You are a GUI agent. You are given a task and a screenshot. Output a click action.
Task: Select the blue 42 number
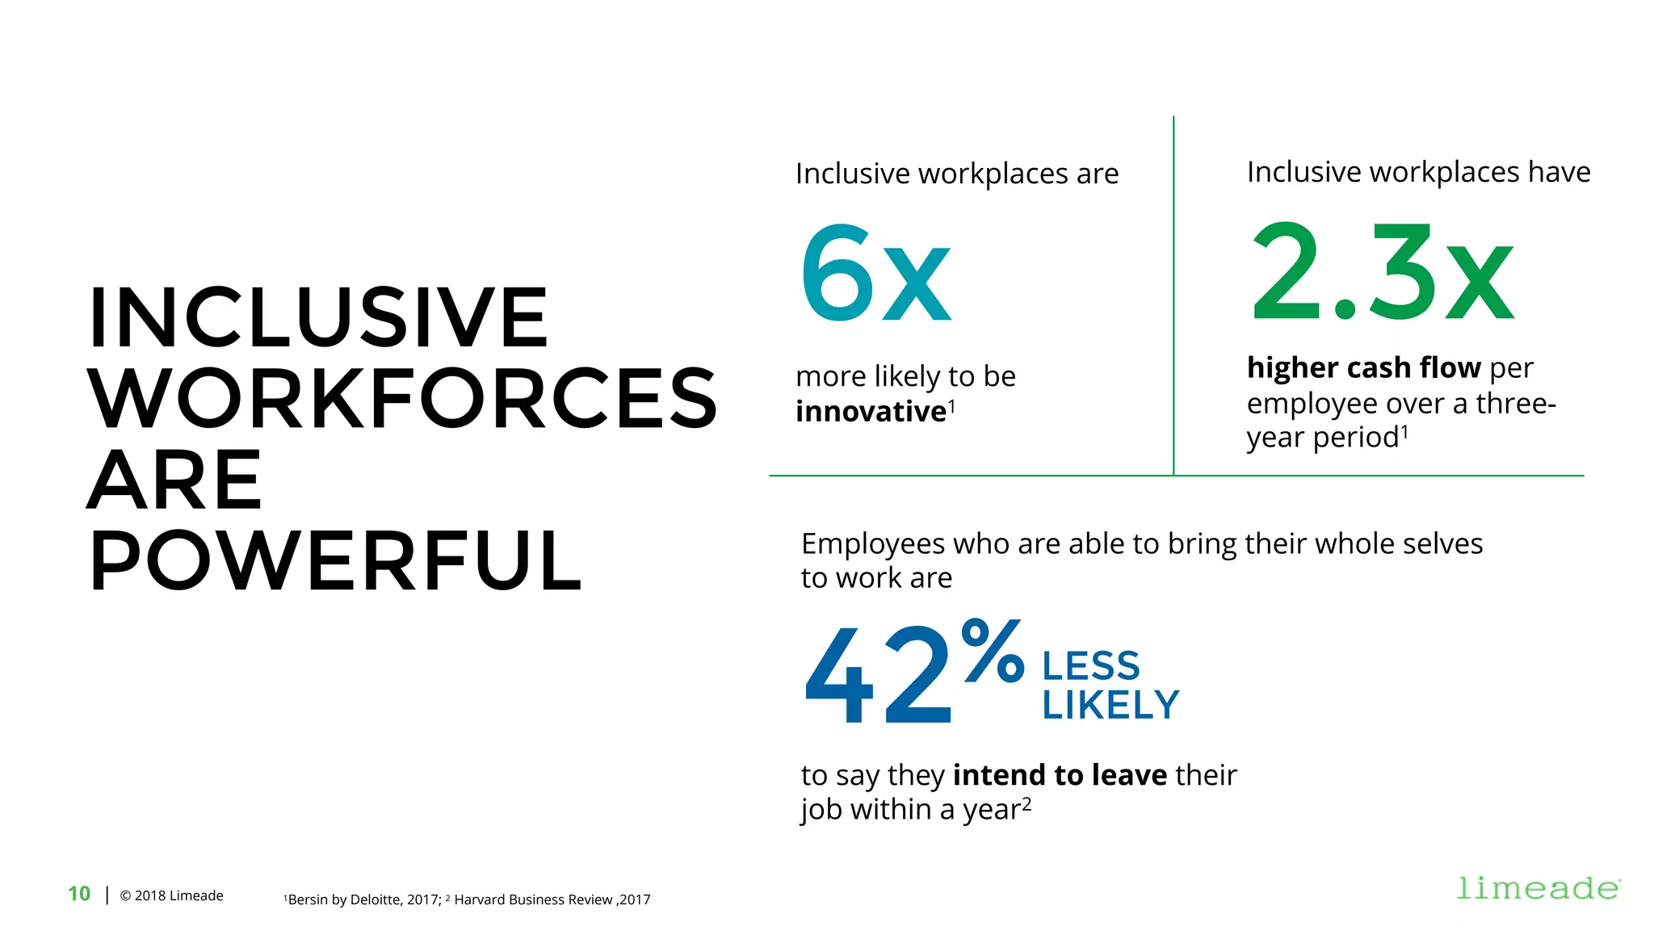(878, 674)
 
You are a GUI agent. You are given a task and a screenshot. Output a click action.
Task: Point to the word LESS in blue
(1090, 667)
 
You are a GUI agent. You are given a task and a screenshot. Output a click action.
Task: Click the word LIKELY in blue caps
(1110, 705)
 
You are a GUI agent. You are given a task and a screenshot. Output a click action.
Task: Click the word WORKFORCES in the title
(402, 398)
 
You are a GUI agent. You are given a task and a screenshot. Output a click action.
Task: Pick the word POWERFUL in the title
(335, 561)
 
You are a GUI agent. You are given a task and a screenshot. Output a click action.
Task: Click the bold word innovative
(871, 412)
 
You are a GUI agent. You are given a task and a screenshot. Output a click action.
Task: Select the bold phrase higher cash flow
(1363, 367)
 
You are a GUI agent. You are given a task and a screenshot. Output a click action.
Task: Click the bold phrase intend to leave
(1060, 775)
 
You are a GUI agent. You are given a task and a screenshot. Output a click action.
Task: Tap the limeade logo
(1537, 888)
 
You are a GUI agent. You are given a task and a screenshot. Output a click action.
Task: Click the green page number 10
(79, 894)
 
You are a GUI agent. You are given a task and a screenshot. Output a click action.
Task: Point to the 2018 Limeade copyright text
(172, 895)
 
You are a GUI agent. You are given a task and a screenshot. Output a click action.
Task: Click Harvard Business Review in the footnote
(533, 900)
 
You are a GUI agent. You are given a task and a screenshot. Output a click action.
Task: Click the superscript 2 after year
(1026, 803)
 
